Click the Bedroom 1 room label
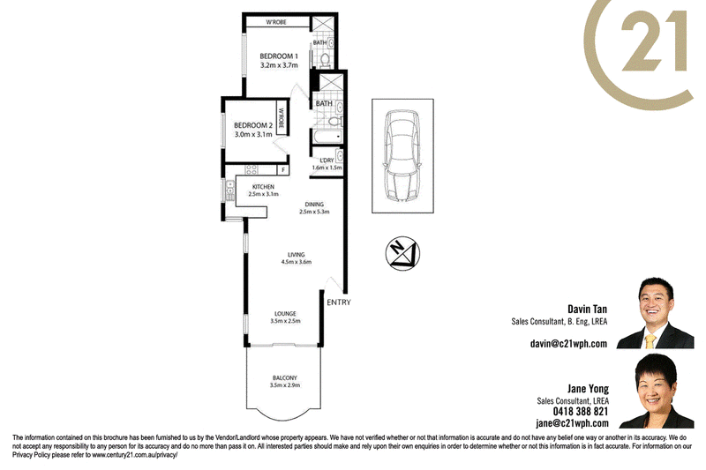(279, 56)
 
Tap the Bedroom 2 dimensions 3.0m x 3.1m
(253, 134)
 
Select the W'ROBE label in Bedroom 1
(276, 22)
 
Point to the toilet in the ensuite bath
(325, 59)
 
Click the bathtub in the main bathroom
(327, 137)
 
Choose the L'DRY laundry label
(327, 160)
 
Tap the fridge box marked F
(283, 170)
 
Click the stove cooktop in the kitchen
(252, 169)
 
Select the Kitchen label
(263, 187)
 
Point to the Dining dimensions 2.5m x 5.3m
(314, 212)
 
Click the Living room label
(297, 255)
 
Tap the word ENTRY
(339, 302)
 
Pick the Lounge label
(285, 314)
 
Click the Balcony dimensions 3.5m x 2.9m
(285, 385)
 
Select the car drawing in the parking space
(402, 155)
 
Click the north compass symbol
(403, 253)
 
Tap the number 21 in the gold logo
(654, 41)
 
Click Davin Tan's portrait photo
(655, 313)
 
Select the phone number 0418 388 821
(581, 412)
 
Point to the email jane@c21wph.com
(572, 423)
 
